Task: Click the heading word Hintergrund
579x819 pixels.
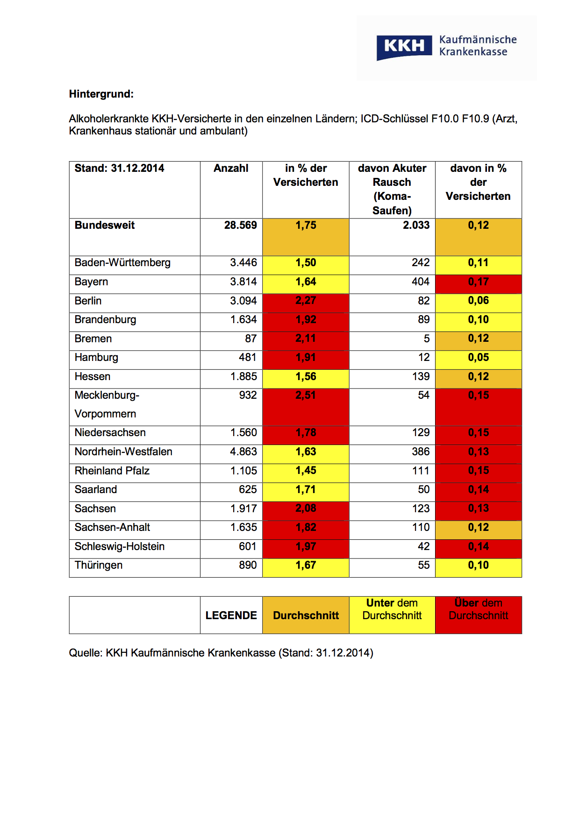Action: tap(101, 94)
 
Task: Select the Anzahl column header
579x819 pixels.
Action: tap(231, 169)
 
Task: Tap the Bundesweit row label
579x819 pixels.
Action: tap(105, 226)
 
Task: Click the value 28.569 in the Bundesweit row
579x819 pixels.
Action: tap(240, 226)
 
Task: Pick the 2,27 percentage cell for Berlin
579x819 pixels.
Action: tap(306, 301)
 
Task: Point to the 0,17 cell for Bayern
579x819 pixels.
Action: tap(478, 282)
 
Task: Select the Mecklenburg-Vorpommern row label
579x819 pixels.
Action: tap(107, 404)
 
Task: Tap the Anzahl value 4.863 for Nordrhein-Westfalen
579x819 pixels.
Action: tap(243, 452)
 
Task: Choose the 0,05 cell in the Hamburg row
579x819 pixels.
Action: tap(478, 358)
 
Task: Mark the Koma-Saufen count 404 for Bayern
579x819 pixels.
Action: tap(420, 282)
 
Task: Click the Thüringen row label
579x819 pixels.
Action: tap(99, 565)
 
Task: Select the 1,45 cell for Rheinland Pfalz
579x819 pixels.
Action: tap(306, 471)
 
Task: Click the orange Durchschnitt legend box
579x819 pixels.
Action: tap(306, 615)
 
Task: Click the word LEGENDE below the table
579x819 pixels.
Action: tap(231, 615)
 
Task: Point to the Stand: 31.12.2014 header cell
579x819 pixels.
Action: tap(120, 169)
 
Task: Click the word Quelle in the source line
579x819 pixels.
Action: tap(85, 653)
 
